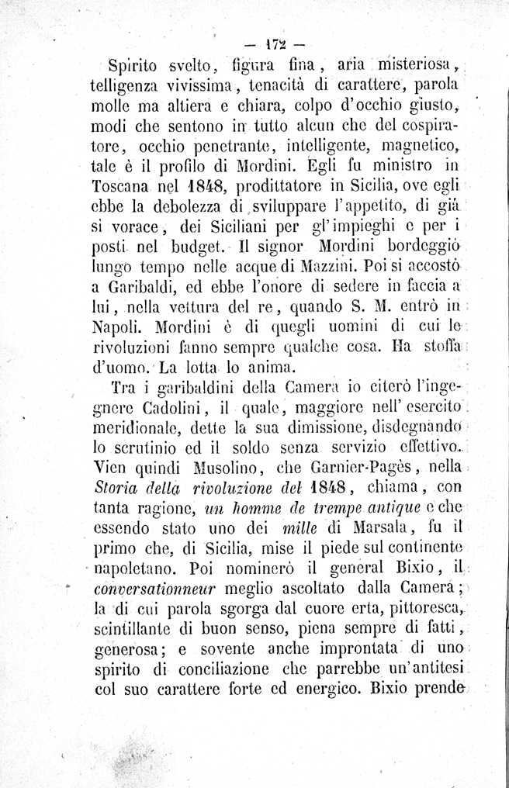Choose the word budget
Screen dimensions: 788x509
(184, 251)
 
